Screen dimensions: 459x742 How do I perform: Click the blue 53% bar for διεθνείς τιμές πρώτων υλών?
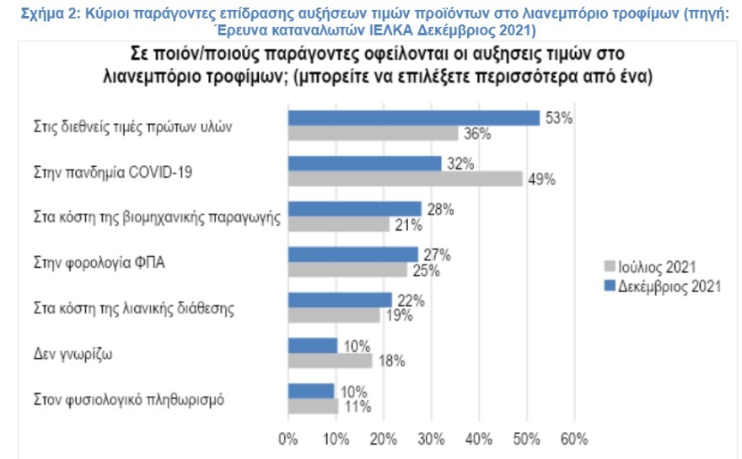(413, 118)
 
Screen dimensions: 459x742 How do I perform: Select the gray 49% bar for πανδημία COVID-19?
(405, 179)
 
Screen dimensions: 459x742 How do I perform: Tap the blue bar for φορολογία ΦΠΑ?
(352, 254)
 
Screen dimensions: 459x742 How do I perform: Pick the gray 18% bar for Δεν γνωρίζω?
(330, 360)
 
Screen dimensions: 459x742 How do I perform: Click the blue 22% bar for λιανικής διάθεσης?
(340, 299)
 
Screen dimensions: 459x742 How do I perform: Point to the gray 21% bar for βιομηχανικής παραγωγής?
(338, 224)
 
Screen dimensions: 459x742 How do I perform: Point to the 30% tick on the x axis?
(431, 439)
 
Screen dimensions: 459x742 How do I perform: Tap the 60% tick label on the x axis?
(573, 439)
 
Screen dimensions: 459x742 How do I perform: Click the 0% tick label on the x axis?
(288, 439)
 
